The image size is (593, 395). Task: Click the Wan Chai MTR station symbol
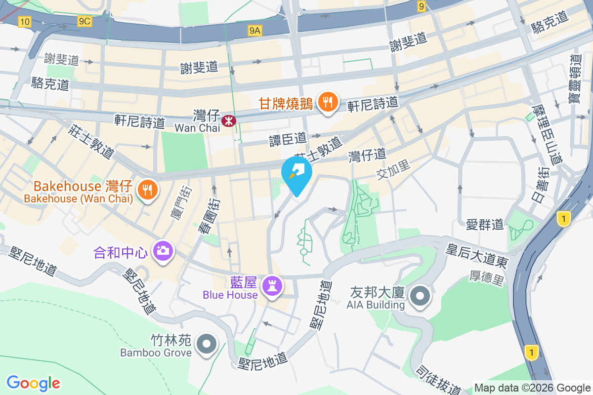229,120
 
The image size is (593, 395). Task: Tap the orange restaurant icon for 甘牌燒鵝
326,103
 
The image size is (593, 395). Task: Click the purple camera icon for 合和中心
163,251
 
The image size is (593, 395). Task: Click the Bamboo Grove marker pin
207,344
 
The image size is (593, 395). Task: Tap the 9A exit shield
254,31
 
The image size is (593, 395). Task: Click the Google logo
34,383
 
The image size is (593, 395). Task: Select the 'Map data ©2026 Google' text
532,388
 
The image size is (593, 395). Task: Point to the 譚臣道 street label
288,139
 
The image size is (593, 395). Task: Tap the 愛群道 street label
485,225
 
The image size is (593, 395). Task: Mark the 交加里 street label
393,170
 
